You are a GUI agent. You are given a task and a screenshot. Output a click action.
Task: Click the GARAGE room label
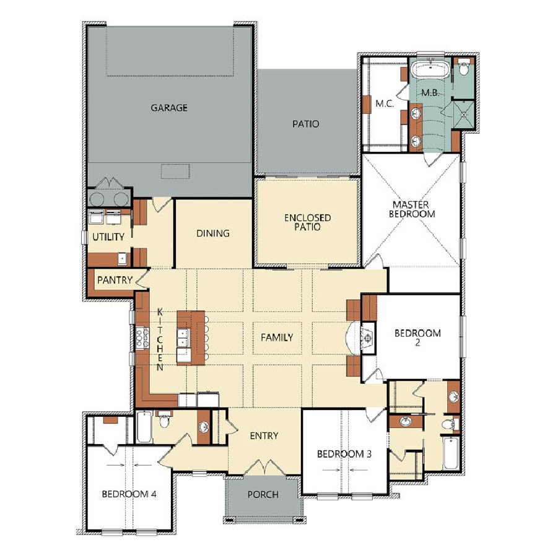pos(169,108)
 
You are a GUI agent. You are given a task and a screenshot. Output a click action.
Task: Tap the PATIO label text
pos(306,124)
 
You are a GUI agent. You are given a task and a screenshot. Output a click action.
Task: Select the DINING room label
pos(213,233)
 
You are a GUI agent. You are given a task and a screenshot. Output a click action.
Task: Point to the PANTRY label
pos(115,280)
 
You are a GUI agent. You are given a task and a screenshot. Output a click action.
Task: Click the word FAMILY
pos(277,337)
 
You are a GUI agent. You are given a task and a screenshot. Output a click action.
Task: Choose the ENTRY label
pos(264,435)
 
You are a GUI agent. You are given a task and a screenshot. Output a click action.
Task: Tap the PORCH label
pos(263,494)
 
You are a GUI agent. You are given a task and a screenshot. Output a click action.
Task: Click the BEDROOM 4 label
pos(129,494)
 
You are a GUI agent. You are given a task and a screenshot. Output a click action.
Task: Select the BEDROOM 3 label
pos(344,454)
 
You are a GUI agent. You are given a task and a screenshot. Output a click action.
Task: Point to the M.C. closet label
pos(385,103)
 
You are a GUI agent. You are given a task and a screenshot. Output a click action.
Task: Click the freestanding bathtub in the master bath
pos(430,69)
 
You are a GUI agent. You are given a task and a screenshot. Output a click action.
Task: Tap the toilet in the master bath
pos(463,68)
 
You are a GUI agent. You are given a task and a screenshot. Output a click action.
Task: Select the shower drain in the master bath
pos(463,115)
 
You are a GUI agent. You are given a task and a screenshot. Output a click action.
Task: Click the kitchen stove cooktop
pos(142,338)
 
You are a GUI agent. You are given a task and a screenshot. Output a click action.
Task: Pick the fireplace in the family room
pos(368,336)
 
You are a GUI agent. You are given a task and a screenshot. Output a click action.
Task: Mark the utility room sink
pos(122,258)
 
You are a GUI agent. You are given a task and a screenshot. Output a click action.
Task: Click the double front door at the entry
pos(264,467)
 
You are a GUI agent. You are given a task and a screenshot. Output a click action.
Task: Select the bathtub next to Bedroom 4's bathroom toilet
pos(144,427)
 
